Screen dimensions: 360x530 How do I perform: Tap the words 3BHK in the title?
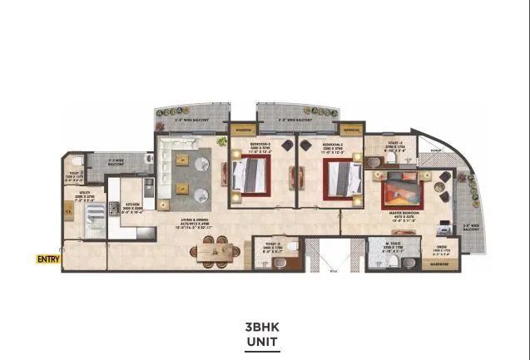click(263, 327)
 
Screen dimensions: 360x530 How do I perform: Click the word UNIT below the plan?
click(263, 341)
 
